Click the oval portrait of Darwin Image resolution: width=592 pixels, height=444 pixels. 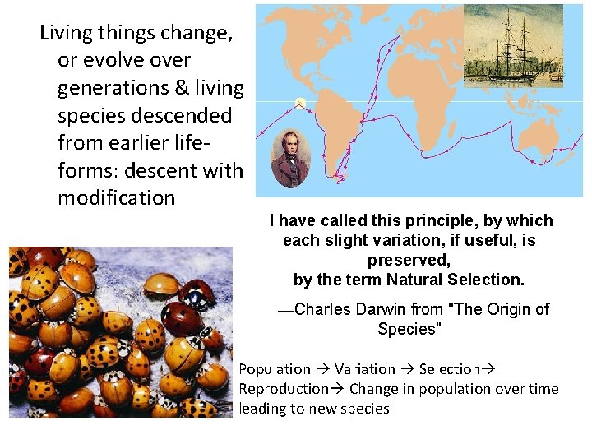click(x=290, y=158)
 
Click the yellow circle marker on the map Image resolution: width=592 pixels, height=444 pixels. click(x=301, y=103)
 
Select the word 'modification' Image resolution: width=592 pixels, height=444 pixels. click(x=116, y=197)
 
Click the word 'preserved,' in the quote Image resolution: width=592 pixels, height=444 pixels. click(x=409, y=260)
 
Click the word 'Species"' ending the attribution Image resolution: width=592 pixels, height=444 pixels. click(x=409, y=329)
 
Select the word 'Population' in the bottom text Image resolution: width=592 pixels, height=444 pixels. click(x=275, y=369)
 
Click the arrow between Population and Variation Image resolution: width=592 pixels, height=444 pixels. click(x=323, y=369)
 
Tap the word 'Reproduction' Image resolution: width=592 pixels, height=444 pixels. click(x=283, y=389)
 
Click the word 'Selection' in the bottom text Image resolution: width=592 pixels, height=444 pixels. click(x=449, y=369)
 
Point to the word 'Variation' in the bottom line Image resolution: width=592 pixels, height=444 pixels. click(x=365, y=369)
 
